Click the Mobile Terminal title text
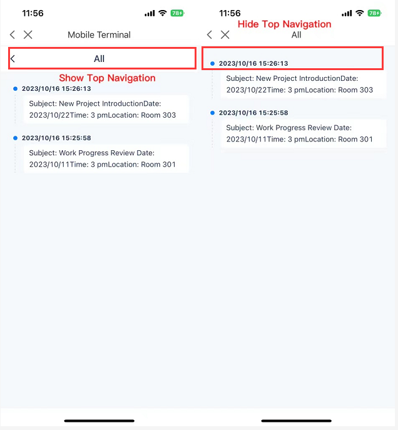point(99,35)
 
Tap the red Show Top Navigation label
point(107,78)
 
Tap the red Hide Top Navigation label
point(284,24)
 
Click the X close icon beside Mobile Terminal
point(28,35)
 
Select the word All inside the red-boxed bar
point(99,59)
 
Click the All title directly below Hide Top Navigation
point(297,35)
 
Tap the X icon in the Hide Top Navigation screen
point(225,35)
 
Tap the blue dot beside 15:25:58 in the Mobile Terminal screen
point(15,138)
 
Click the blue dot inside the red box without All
point(213,64)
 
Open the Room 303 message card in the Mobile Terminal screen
point(106,109)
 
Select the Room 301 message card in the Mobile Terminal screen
point(106,158)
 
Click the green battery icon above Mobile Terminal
point(177,13)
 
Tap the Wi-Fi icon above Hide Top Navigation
point(359,13)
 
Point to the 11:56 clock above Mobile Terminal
point(33,13)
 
